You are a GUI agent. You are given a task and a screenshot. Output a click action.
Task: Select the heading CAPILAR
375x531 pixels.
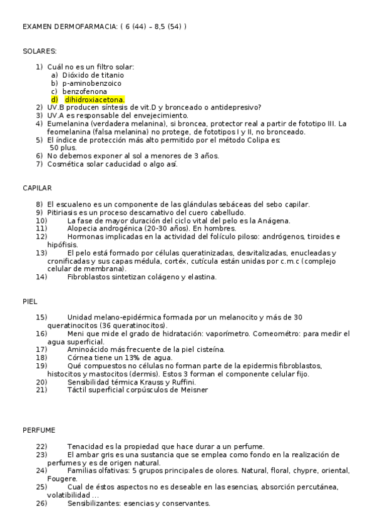pyautogui.click(x=37, y=188)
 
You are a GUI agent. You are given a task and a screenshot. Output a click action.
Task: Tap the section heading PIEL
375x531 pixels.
pyautogui.click(x=30, y=301)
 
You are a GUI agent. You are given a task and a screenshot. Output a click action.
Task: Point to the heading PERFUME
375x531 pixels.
pyautogui.click(x=39, y=430)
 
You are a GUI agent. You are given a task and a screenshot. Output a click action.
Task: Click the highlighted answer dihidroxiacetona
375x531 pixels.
pyautogui.click(x=94, y=100)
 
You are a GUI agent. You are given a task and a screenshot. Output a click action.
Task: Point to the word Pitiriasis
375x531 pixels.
pyautogui.click(x=64, y=213)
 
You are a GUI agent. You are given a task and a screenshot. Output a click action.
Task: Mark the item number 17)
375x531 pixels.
pyautogui.click(x=41, y=349)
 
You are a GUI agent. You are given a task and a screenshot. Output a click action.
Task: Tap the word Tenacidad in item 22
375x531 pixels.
pyautogui.click(x=86, y=446)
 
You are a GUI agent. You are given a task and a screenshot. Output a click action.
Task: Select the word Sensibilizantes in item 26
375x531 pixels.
pyautogui.click(x=94, y=503)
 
